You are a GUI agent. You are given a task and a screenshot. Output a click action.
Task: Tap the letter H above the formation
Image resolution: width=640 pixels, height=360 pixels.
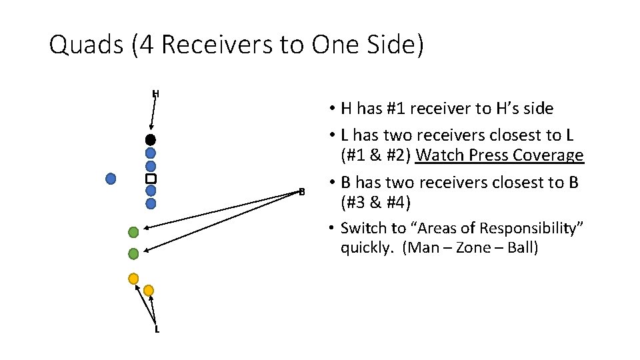coord(155,93)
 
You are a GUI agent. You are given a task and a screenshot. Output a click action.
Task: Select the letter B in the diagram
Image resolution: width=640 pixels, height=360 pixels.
coord(301,192)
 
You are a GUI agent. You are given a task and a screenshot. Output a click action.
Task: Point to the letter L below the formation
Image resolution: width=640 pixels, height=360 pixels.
coord(157,329)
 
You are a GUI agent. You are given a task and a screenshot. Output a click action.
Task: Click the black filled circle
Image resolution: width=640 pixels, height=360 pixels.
coord(151,140)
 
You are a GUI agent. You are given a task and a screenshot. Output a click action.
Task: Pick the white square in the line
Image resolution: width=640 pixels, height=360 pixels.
coord(151,179)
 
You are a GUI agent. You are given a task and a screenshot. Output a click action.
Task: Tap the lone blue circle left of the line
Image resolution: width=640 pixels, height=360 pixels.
coord(111,178)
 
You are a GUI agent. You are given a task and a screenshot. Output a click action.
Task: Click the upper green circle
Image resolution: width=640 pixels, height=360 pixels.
coord(133,232)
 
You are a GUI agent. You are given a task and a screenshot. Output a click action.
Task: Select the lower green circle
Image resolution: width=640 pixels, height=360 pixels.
coord(133,253)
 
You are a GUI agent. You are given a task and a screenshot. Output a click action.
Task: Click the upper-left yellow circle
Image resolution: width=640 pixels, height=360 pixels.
coord(133,278)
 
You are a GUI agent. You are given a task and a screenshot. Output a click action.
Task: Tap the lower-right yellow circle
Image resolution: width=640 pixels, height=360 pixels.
coord(149,290)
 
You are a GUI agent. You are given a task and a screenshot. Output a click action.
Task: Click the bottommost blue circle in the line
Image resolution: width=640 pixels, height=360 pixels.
coord(151,203)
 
